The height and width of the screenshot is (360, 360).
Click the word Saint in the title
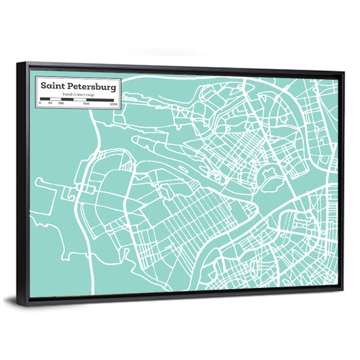[x=52, y=86]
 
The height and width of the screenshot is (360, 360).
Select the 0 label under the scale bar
[x=41, y=104]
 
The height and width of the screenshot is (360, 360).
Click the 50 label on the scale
[x=51, y=104]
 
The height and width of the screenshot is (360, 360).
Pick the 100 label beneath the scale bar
[x=61, y=104]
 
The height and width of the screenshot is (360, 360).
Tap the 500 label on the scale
[x=86, y=104]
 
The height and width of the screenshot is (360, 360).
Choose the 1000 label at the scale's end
[x=113, y=104]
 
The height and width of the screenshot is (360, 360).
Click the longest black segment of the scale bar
[x=100, y=100]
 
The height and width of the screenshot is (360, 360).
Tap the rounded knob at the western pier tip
[x=39, y=181]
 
